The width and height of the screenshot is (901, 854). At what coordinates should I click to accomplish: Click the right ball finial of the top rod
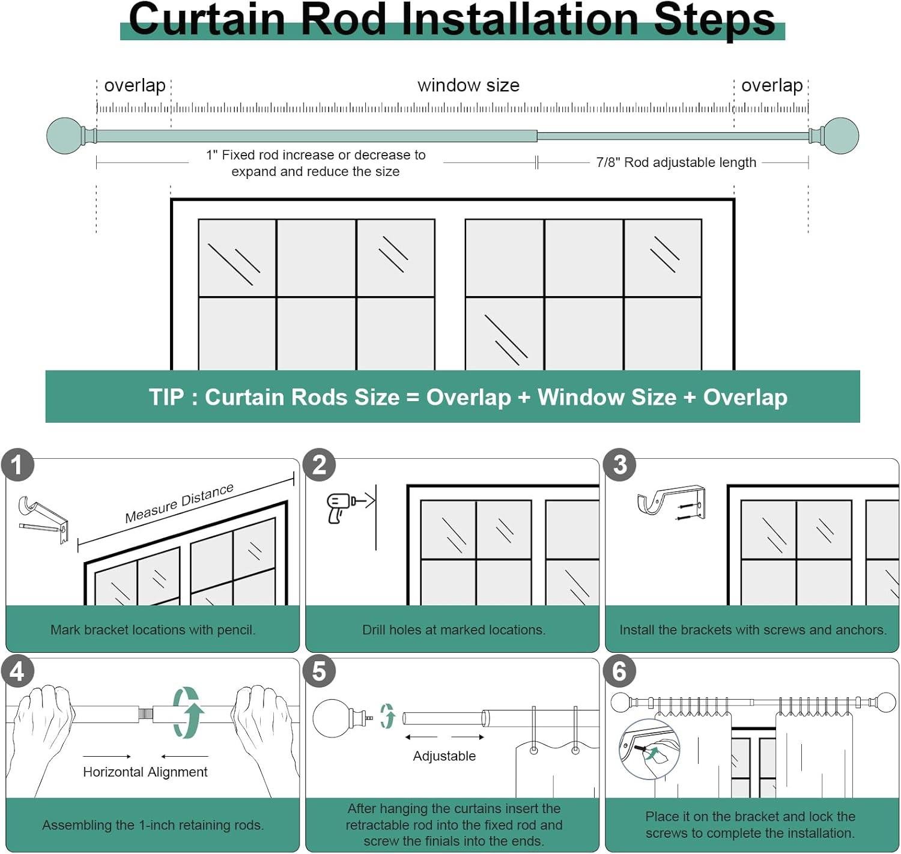pos(841,136)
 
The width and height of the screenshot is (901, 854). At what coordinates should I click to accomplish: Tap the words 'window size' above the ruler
pos(468,85)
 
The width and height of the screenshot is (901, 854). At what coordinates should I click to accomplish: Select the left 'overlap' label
pos(135,85)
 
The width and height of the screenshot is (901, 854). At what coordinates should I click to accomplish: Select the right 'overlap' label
pos(772,85)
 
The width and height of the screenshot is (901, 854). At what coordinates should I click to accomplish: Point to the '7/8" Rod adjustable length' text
pos(676,163)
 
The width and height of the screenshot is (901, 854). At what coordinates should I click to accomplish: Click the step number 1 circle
pos(17,465)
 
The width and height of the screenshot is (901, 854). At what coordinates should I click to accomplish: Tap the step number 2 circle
pos(320,465)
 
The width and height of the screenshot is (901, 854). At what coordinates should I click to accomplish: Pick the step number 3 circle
pos(620,465)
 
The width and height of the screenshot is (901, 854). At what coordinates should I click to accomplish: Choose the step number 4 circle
pos(17,671)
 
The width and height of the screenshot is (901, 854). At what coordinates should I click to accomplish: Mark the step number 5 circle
pos(320,671)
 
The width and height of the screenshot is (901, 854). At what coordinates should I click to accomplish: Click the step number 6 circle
pos(620,671)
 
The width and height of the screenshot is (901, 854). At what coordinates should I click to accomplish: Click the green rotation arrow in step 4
pos(188,712)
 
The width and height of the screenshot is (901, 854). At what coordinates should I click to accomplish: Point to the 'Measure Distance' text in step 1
pos(179,503)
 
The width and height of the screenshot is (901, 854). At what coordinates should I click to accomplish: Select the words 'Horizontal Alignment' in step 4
pos(145,772)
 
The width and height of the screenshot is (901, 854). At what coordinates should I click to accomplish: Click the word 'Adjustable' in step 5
pos(444,756)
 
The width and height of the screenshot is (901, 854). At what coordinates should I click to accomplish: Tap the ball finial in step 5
pos(334,718)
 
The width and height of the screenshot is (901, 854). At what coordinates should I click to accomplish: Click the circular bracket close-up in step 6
pos(649,749)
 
